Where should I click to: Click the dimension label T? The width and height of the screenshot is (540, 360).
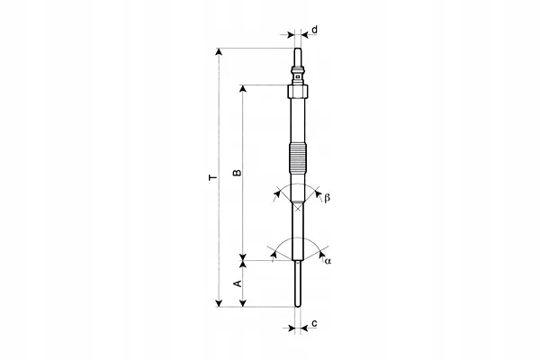click(213, 177)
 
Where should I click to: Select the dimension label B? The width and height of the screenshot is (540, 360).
click(238, 173)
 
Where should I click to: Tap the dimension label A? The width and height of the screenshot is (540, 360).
click(238, 283)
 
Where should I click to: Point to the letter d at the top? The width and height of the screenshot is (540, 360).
click(314, 30)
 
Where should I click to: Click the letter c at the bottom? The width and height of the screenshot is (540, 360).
click(314, 323)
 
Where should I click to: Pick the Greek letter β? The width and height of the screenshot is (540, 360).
click(327, 198)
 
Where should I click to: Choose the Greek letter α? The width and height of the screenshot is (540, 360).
click(328, 261)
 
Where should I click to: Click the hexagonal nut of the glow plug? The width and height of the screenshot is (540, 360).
click(298, 91)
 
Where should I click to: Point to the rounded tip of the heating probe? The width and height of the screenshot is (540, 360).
click(298, 304)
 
